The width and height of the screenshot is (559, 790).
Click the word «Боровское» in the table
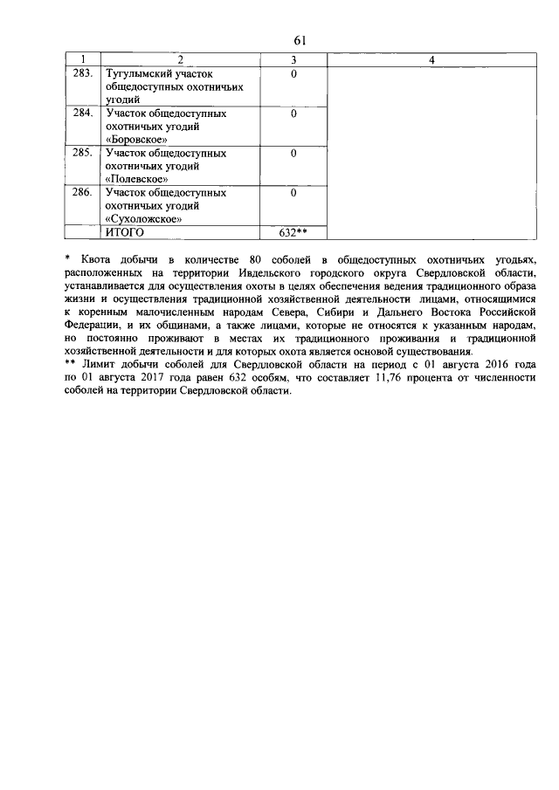(x=135, y=140)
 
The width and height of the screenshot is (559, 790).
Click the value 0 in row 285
(x=294, y=153)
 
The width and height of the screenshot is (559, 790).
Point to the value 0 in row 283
(x=294, y=74)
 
